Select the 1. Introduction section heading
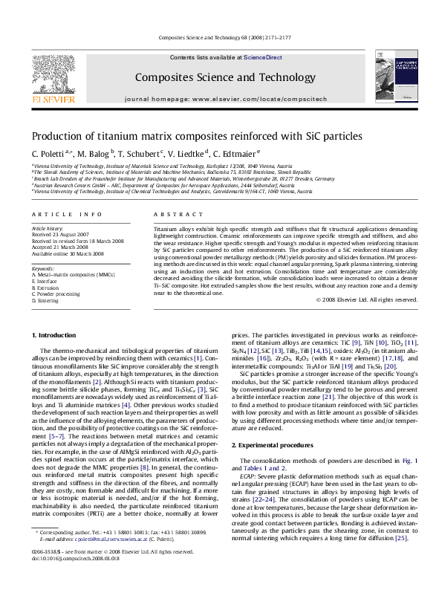click(x=55, y=336)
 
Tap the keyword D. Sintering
click(x=46, y=301)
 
